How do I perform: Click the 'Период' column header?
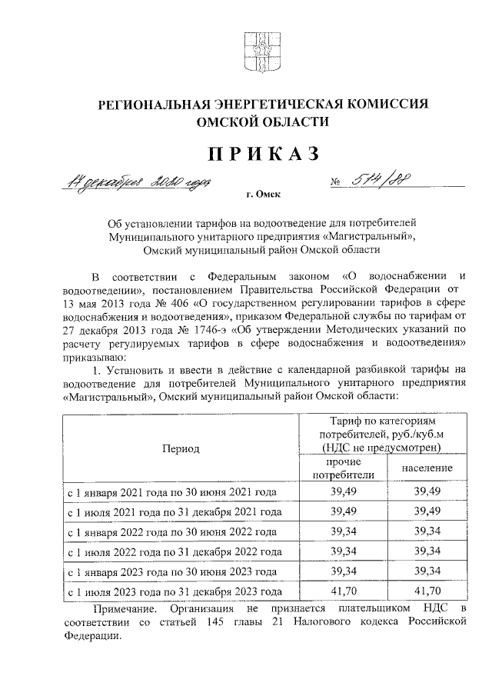tap(181, 448)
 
